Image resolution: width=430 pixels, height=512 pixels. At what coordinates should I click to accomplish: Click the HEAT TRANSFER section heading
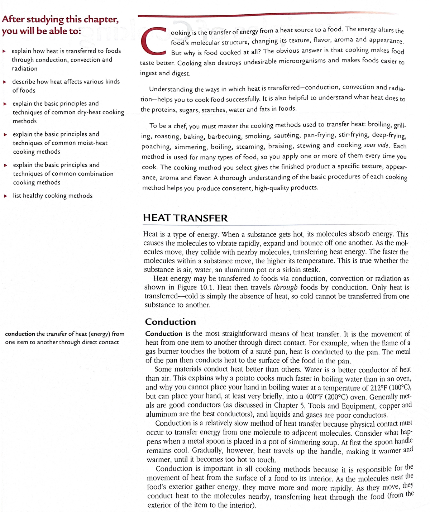[185, 218]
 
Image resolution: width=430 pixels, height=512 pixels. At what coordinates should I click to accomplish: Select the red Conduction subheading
[170, 321]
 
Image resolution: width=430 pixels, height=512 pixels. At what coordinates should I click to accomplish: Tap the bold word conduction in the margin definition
[20, 334]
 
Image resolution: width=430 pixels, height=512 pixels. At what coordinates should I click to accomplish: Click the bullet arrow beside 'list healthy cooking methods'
[5, 196]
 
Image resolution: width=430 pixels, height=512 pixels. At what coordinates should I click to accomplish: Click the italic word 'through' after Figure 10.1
[285, 287]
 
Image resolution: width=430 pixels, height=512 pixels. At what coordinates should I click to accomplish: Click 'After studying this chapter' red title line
[60, 19]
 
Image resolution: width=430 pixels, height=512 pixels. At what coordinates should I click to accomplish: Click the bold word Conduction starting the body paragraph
[164, 334]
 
